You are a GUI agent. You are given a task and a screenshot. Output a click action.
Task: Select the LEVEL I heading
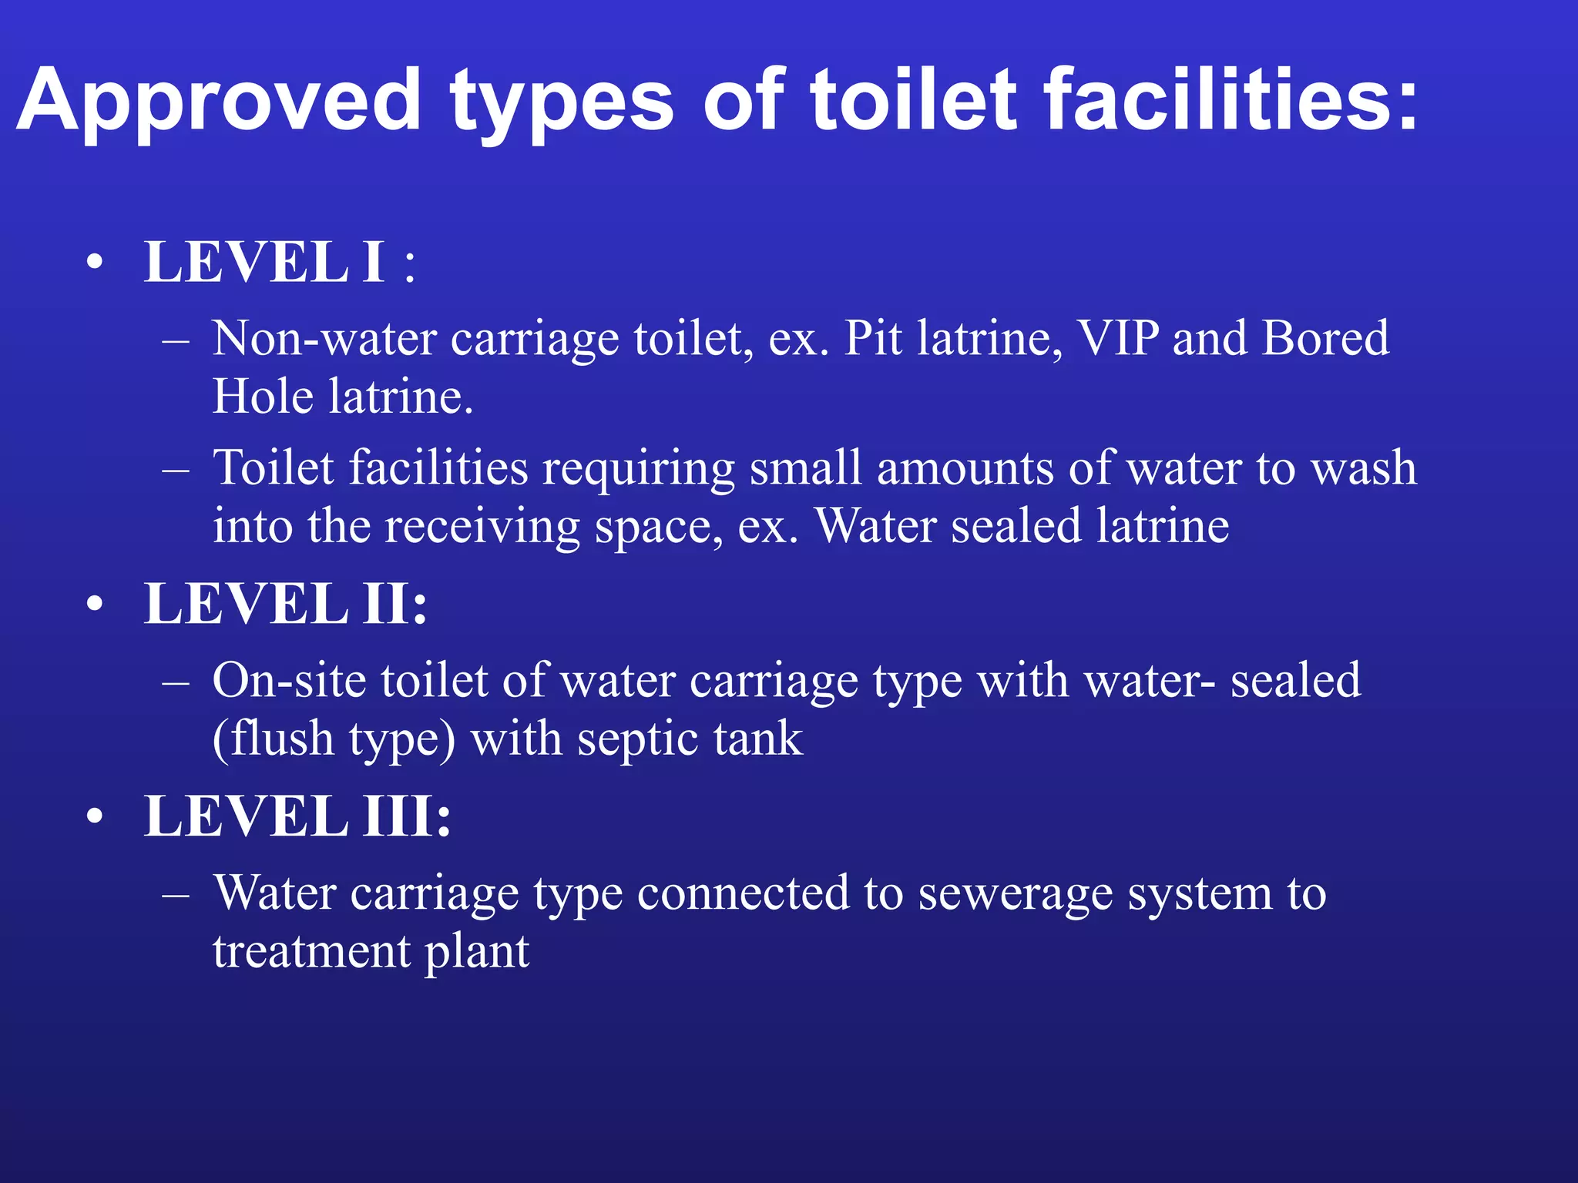(265, 263)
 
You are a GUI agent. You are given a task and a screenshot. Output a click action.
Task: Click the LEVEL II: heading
(286, 604)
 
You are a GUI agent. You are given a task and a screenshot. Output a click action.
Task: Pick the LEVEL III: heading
(297, 816)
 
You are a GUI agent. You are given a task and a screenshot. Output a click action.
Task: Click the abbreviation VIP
(1116, 338)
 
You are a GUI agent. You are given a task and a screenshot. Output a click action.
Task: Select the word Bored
(1325, 338)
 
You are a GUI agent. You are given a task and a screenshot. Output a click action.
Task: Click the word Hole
(263, 397)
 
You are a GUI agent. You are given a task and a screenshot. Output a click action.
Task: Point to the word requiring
(639, 469)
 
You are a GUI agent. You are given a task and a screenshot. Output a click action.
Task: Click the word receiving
(482, 527)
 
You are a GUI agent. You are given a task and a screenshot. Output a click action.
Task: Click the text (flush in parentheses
(274, 739)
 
